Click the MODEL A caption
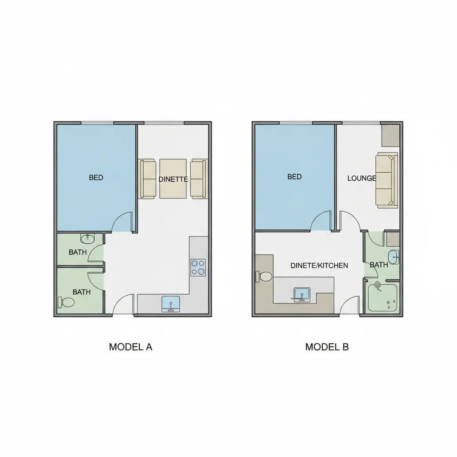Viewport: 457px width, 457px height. pos(131,347)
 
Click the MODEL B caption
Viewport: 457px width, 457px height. pos(327,347)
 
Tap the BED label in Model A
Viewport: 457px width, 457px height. pos(96,178)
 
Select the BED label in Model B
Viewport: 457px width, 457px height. pos(295,177)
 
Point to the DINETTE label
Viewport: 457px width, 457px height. pos(173,179)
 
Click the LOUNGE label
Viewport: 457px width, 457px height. pos(362,178)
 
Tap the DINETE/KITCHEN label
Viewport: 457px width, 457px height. pos(319,266)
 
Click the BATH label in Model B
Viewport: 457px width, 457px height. pos(379,265)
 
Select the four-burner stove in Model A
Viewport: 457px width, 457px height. pos(198,267)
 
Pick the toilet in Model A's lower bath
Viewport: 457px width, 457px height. pos(66,302)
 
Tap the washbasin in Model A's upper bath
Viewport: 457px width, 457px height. pos(87,238)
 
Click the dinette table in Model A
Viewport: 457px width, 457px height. pos(173,179)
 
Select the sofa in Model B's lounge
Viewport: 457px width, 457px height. pos(387,180)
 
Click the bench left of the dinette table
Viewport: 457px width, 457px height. pos(149,179)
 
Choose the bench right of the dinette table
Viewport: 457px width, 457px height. pos(199,179)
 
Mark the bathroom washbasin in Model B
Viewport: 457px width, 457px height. pos(392,257)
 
